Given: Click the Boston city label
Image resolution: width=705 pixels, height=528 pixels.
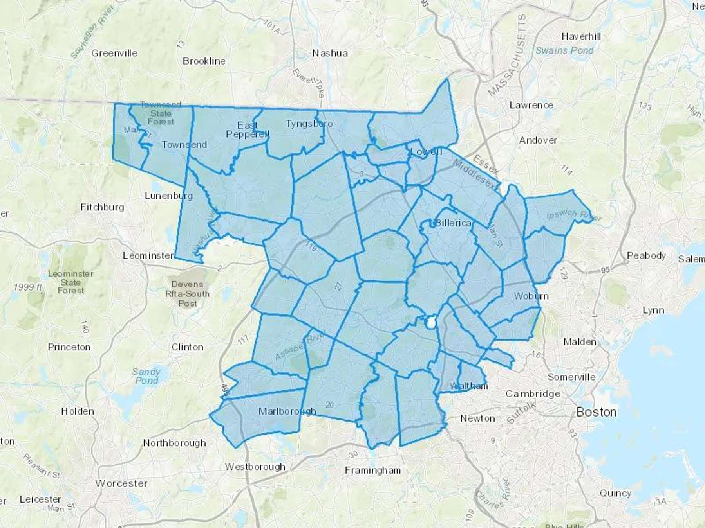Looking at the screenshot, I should pyautogui.click(x=597, y=412).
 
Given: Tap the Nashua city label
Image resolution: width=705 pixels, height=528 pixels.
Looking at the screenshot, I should pyautogui.click(x=330, y=53).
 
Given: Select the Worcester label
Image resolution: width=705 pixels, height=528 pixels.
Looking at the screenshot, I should pyautogui.click(x=121, y=483).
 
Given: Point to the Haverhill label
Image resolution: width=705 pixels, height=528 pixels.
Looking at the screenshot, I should pyautogui.click(x=581, y=37).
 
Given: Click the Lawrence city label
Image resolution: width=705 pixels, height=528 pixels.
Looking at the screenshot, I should pyautogui.click(x=531, y=105).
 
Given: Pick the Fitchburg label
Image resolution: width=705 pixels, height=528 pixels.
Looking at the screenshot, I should pyautogui.click(x=102, y=207).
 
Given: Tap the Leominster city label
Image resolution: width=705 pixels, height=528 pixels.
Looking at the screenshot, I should pyautogui.click(x=148, y=256).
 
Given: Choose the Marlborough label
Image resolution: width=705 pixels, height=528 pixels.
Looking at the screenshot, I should pyautogui.click(x=287, y=411).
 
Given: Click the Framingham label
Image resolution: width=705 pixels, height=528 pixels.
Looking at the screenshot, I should pyautogui.click(x=372, y=471).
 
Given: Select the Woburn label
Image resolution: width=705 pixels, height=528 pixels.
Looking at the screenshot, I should pyautogui.click(x=531, y=296).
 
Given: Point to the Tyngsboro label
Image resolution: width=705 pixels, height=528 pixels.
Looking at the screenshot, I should pyautogui.click(x=309, y=124).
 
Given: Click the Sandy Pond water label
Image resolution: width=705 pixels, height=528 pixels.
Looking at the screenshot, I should pyautogui.click(x=146, y=376).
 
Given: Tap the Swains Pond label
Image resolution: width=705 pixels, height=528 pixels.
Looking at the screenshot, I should pyautogui.click(x=564, y=51).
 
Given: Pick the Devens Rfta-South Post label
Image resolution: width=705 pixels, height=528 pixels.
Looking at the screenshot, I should pyautogui.click(x=187, y=294).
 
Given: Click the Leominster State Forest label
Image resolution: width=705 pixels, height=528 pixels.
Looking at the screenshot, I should pyautogui.click(x=70, y=282).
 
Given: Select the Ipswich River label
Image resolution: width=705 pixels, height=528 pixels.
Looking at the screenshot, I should pyautogui.click(x=573, y=215).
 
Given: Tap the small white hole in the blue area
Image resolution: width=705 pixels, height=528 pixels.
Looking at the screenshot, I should pyautogui.click(x=431, y=323).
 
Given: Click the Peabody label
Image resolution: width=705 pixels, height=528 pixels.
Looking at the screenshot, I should pyautogui.click(x=646, y=256).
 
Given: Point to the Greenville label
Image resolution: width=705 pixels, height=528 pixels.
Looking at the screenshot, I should pyautogui.click(x=114, y=53).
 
